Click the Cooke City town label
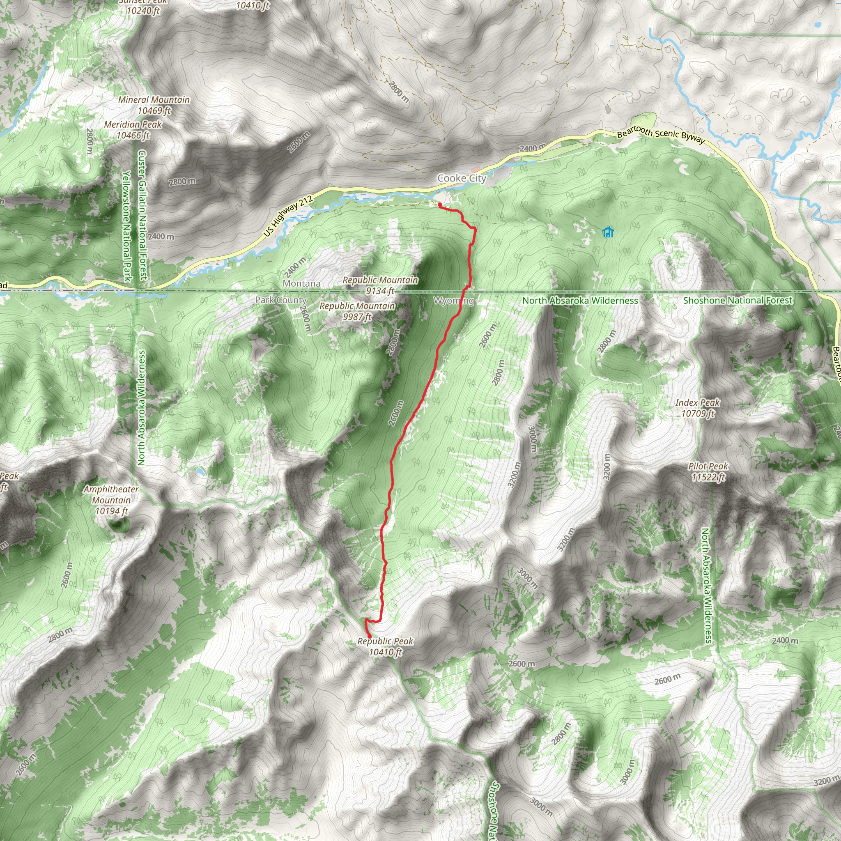click(462, 178)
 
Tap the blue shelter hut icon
click(608, 232)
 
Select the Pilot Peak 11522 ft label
click(708, 472)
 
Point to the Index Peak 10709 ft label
click(697, 408)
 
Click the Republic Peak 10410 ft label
click(385, 646)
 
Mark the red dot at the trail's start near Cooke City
click(440, 205)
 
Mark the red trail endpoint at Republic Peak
click(370, 636)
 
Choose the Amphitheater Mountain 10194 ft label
click(111, 500)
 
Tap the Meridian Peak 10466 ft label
click(133, 130)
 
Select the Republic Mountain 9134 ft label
click(380, 285)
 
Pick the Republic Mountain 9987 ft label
click(357, 311)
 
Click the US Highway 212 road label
click(288, 216)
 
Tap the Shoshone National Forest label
click(738, 300)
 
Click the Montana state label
click(301, 283)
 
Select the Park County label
click(281, 300)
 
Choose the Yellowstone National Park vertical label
click(126, 226)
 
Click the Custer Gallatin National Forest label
click(142, 216)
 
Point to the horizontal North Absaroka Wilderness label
click(580, 300)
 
